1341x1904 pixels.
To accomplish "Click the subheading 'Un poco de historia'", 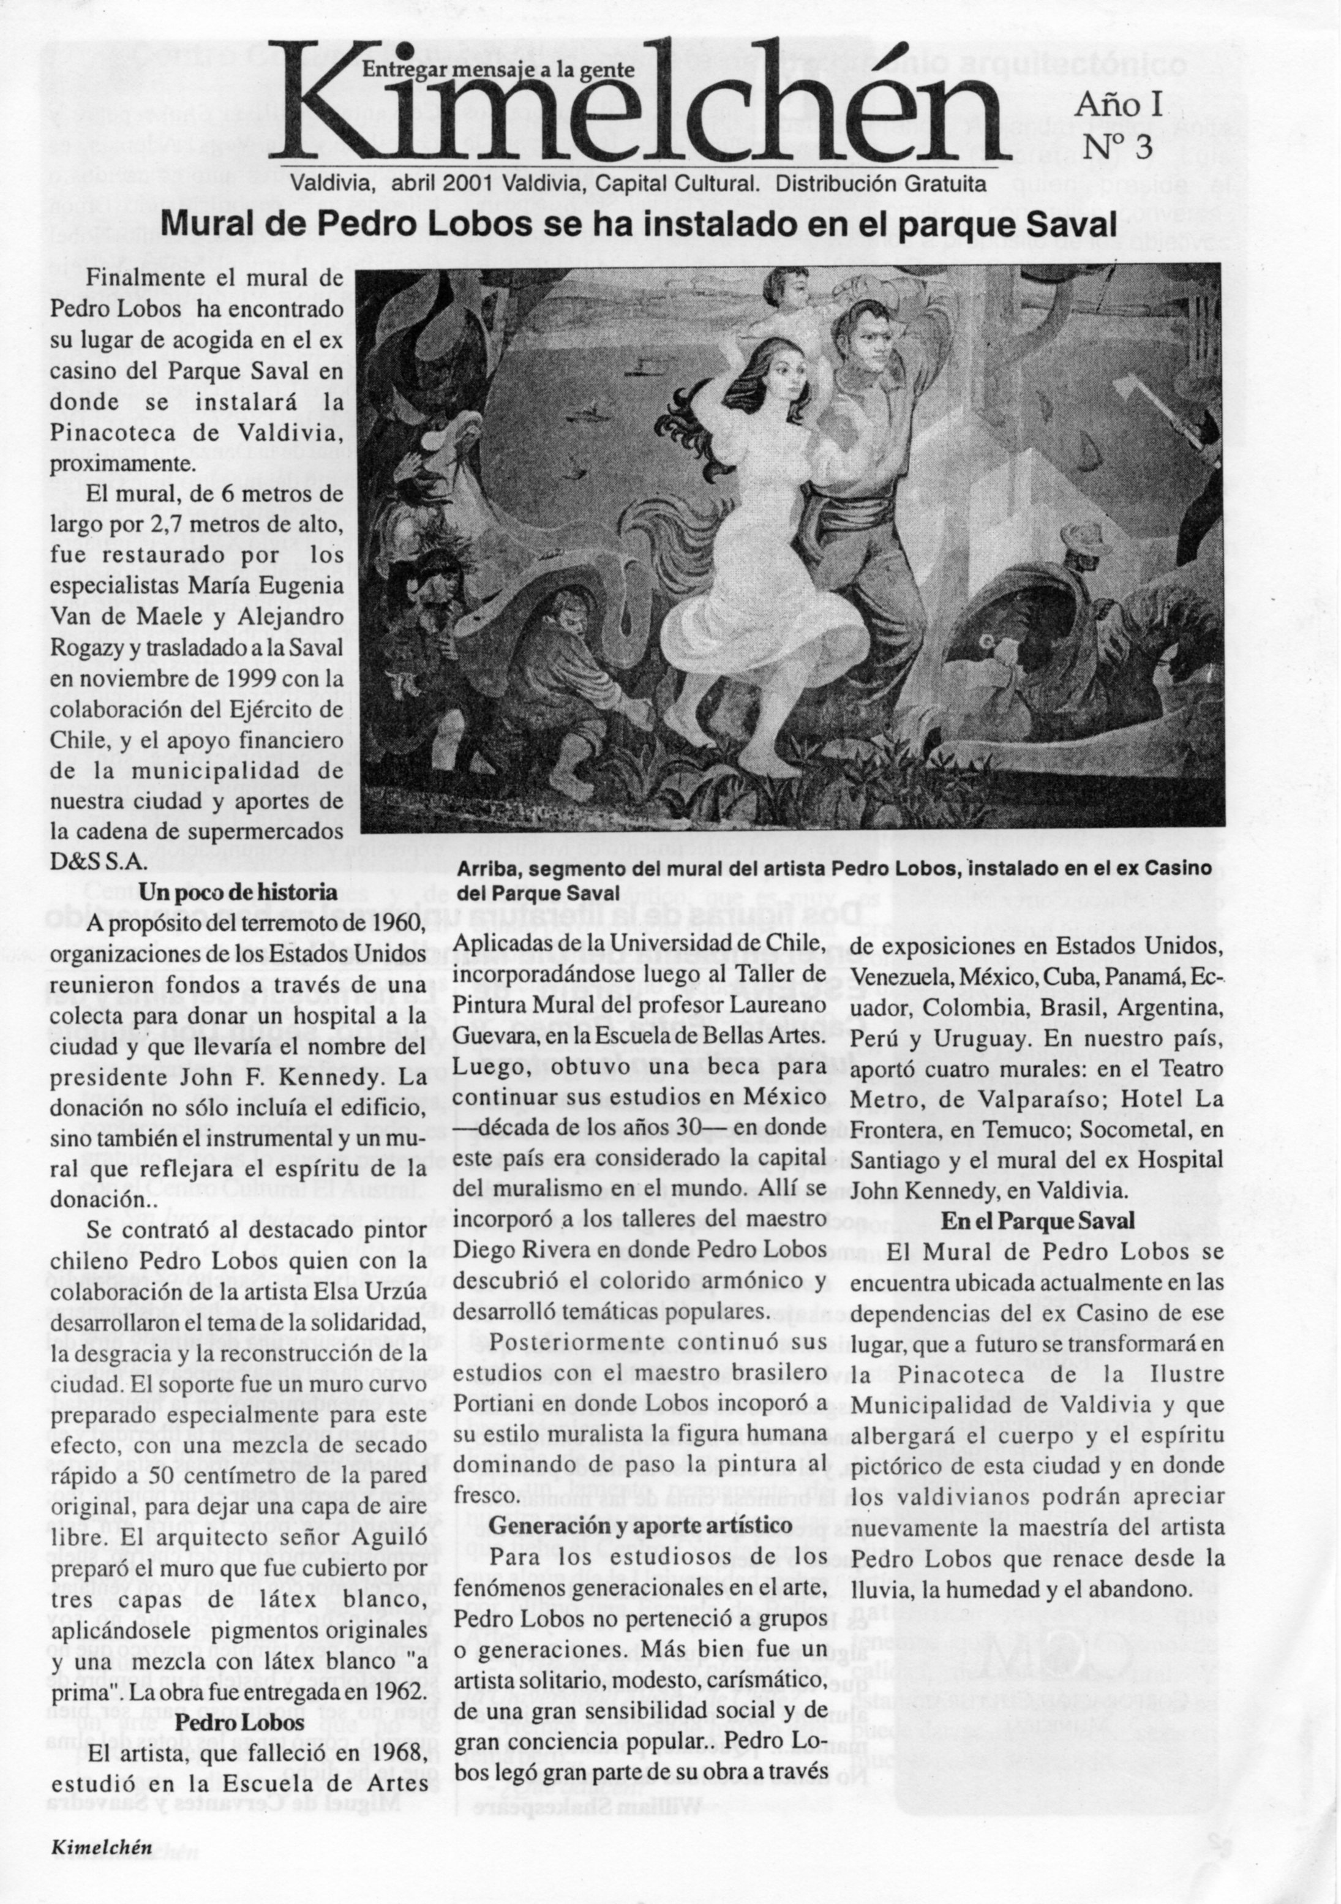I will pyautogui.click(x=238, y=892).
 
